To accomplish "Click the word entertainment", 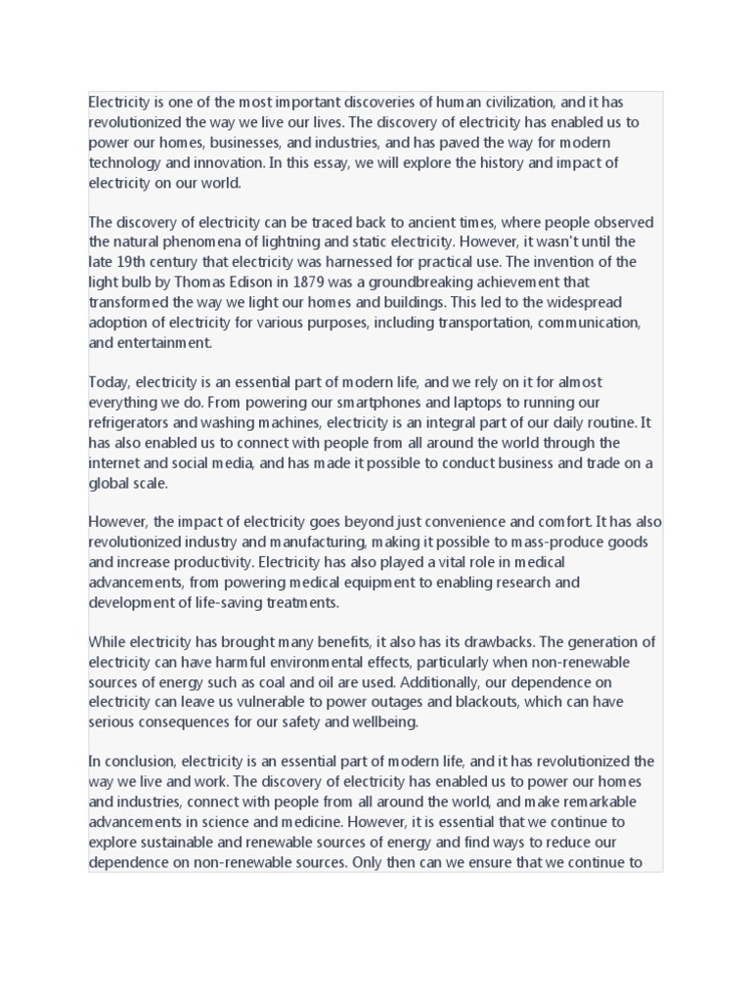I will [165, 342].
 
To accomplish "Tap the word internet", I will [114, 462].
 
